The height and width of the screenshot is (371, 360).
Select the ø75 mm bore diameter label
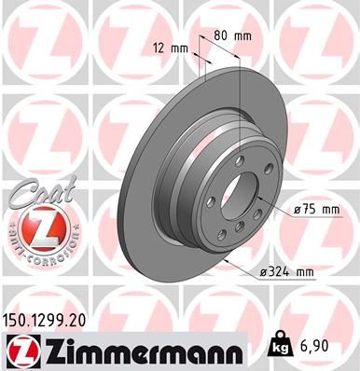click(x=315, y=210)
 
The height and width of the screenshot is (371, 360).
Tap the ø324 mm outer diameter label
click(x=287, y=270)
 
